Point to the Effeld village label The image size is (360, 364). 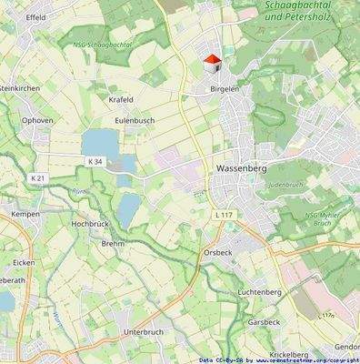click(x=36, y=17)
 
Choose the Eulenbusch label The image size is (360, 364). click(x=134, y=119)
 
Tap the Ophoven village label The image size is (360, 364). click(x=38, y=119)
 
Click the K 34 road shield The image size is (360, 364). click(x=95, y=161)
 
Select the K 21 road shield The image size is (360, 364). click(x=36, y=177)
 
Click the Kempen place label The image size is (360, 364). click(x=25, y=214)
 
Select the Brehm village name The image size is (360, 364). click(x=113, y=244)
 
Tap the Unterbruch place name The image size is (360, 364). click(x=143, y=332)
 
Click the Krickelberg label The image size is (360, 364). click(x=289, y=354)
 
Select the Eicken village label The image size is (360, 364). click(x=24, y=262)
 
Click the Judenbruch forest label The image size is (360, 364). click(x=285, y=185)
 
